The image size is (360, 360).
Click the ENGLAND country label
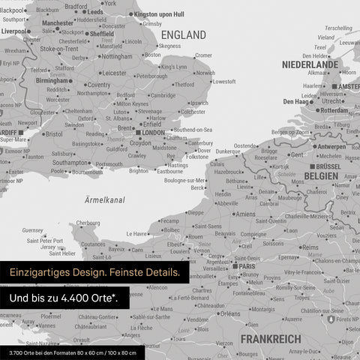[183, 35]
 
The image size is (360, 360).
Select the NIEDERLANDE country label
[310, 65]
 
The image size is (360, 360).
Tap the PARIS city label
[247, 265]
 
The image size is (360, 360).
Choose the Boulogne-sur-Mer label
[184, 180]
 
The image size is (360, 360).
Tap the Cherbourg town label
[88, 223]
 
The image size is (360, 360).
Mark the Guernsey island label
[33, 230]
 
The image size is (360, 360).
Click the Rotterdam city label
[331, 110]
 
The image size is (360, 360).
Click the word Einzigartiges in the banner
[39, 272]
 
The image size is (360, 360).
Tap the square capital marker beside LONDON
[136, 133]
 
